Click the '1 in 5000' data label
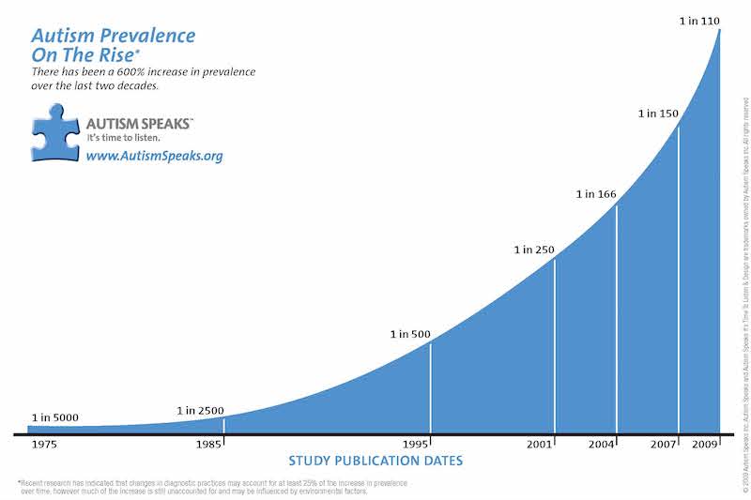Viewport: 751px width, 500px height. click(54, 417)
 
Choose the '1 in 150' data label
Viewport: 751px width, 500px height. click(658, 114)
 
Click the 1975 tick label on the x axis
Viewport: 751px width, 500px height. click(43, 443)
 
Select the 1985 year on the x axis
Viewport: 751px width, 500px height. click(208, 443)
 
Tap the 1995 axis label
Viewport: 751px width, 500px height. click(414, 443)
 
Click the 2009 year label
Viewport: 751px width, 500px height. click(704, 443)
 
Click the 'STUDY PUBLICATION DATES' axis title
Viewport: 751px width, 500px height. click(375, 461)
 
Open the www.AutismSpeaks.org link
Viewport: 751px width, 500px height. click(154, 156)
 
